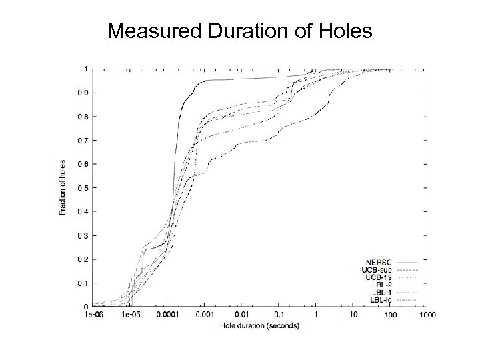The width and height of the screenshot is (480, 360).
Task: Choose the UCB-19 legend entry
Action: pyautogui.click(x=379, y=277)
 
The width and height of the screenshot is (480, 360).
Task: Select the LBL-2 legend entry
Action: pyautogui.click(x=382, y=285)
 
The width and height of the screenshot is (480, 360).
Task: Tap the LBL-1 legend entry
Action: pyautogui.click(x=382, y=292)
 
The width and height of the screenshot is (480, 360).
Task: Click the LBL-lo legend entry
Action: pyautogui.click(x=381, y=300)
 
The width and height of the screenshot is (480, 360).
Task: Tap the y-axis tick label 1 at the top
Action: pyautogui.click(x=84, y=69)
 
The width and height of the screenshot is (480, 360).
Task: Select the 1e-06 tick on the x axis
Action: pyautogui.click(x=94, y=314)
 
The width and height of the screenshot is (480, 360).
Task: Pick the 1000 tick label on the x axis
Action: pyautogui.click(x=427, y=314)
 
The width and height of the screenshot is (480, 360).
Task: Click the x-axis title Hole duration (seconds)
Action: pyautogui.click(x=260, y=325)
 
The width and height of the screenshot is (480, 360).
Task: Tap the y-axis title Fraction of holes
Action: pyautogui.click(x=63, y=187)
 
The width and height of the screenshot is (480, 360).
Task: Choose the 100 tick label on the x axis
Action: pyautogui.click(x=390, y=314)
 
